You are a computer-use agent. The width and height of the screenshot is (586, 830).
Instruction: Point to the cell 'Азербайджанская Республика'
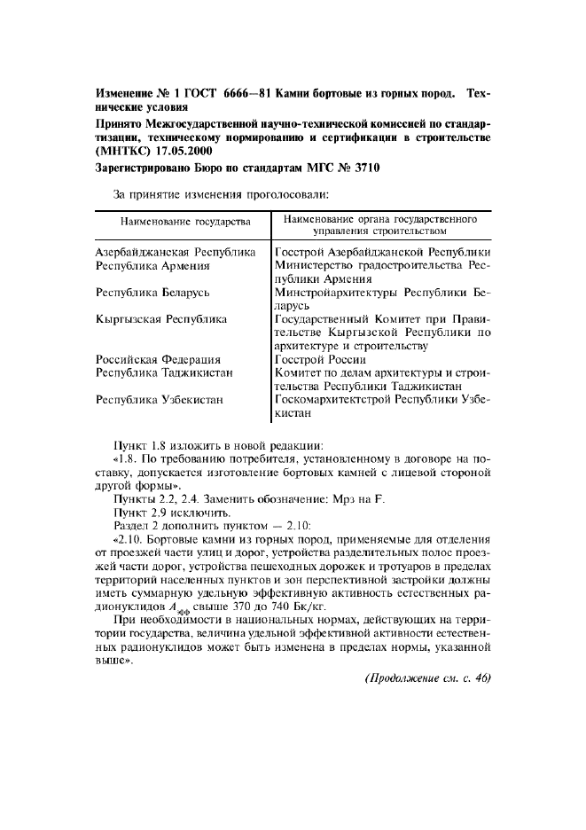[x=175, y=253]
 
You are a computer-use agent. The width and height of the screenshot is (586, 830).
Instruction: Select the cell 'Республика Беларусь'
[x=152, y=292]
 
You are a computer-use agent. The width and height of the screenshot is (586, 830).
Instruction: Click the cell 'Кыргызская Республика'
[x=160, y=318]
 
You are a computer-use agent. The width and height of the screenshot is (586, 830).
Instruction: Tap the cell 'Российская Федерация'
[x=157, y=359]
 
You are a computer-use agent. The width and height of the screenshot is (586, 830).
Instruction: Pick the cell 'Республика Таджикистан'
[x=164, y=372]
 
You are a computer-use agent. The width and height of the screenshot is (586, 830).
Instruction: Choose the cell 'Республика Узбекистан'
[x=159, y=400]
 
